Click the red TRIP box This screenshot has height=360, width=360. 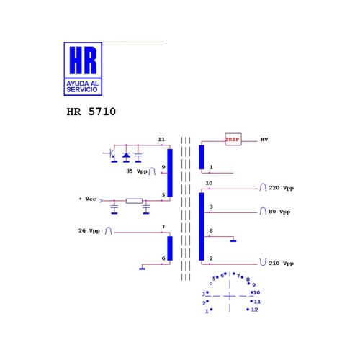233,140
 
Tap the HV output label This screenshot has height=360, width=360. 264,140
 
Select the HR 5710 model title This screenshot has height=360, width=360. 91,112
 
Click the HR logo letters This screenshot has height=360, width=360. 83,60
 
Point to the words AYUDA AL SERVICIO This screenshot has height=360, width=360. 83,86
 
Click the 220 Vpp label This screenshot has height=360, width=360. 281,188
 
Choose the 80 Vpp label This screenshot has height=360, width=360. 279,212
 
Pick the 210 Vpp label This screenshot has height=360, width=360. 281,264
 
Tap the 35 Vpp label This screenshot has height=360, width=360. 137,171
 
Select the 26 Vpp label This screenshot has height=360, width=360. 89,231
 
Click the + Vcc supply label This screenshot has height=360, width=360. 87,199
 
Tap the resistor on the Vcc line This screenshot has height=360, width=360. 134,201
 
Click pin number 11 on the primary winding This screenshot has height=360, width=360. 161,140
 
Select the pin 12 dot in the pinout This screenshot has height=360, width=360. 248,310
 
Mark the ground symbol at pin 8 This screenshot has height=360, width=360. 233,241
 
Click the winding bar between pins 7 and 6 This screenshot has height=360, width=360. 170,248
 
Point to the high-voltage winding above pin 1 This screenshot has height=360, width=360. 202,157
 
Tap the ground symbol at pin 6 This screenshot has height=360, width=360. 142,269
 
